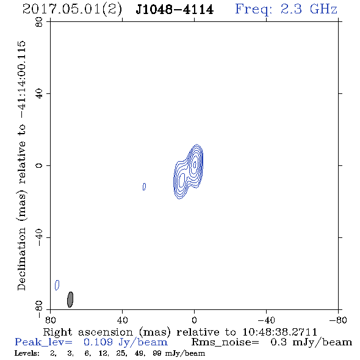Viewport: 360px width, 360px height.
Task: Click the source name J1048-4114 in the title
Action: point(175,10)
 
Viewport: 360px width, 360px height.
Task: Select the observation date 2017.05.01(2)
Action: point(72,10)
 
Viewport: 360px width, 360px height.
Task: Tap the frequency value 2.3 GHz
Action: point(308,9)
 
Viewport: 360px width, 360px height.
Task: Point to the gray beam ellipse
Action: point(70,300)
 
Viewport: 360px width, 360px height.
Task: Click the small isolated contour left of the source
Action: point(144,187)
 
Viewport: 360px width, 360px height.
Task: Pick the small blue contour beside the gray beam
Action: point(57,285)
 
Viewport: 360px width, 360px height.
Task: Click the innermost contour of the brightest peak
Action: point(195,164)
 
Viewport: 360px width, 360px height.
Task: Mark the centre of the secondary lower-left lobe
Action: point(181,180)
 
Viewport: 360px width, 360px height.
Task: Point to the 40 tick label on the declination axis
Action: point(39,94)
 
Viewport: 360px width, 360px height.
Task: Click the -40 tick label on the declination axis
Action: point(39,237)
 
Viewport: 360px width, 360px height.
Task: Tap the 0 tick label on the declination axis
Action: point(39,165)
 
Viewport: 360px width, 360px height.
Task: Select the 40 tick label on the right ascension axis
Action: point(122,320)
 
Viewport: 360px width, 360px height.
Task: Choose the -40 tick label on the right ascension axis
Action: point(266,320)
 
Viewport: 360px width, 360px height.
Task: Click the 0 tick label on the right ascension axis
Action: point(194,320)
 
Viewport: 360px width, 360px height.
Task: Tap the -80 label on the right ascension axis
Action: point(338,320)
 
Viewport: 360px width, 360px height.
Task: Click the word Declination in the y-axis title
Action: point(21,259)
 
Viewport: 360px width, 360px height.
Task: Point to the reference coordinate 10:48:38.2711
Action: point(279,332)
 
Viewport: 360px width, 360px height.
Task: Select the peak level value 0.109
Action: point(98,342)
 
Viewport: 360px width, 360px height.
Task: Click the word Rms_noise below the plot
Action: point(225,342)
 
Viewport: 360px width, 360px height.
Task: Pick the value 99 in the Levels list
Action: point(157,353)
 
